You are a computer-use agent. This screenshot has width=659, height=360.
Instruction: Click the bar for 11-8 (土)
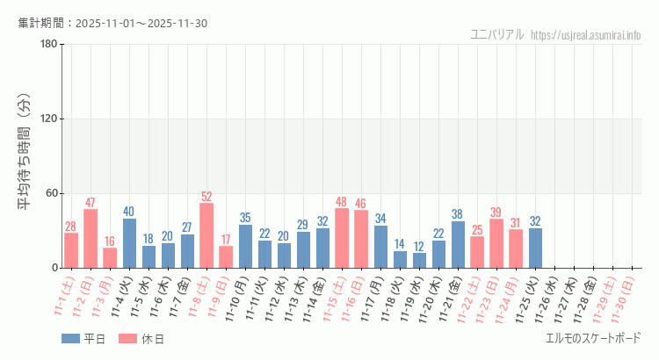(x=206, y=235)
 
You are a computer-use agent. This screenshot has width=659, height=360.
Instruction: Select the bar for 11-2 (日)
(x=91, y=238)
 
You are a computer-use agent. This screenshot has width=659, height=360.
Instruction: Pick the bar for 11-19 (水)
(x=419, y=260)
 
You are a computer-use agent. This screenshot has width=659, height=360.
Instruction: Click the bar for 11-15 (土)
(x=342, y=238)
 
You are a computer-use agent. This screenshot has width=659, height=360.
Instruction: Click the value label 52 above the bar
(x=206, y=197)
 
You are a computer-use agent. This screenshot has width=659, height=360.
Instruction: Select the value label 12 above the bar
(x=419, y=247)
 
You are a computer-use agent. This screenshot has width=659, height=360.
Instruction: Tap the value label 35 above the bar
(x=245, y=218)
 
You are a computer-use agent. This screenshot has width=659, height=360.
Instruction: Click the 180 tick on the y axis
(x=49, y=45)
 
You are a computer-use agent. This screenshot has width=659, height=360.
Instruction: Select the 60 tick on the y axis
(x=52, y=193)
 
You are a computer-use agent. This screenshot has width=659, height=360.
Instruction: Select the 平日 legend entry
(x=84, y=339)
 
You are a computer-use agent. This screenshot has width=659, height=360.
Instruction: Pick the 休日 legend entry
(x=141, y=339)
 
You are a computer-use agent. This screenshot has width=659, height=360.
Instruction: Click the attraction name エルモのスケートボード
(x=593, y=338)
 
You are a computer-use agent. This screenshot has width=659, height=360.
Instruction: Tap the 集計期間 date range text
(x=112, y=23)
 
